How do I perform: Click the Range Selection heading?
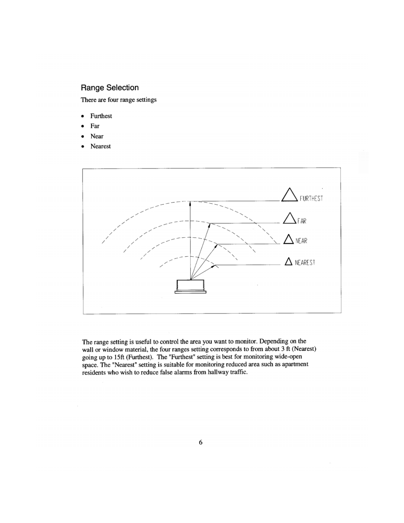point(110,88)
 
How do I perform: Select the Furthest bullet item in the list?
point(101,116)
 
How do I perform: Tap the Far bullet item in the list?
point(95,126)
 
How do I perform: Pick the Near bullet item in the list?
point(97,136)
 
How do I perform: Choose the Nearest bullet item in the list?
point(100,146)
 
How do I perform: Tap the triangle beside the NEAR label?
point(289,240)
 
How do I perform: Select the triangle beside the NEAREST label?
point(288,261)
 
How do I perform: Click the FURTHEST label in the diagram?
point(311,198)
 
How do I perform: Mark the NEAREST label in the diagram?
point(305,262)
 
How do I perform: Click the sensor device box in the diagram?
point(190,286)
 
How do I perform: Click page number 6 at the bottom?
point(201,442)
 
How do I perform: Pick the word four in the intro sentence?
point(113,100)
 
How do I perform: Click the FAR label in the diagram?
point(302,221)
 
